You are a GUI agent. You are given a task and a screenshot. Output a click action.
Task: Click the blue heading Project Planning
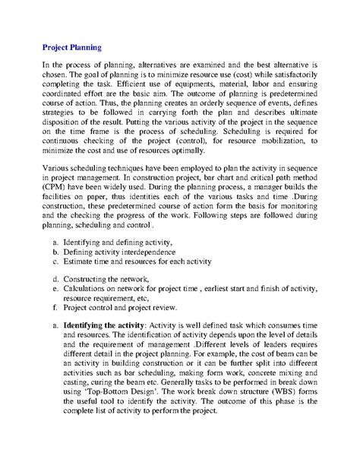point(79,45)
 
